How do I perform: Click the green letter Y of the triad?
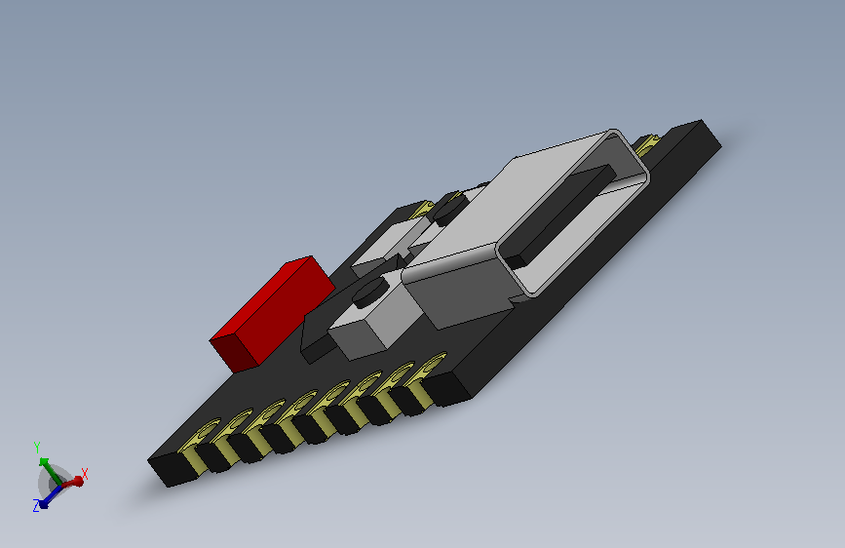[37, 448]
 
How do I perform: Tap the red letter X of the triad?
[85, 473]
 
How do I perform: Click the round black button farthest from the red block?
[449, 205]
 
